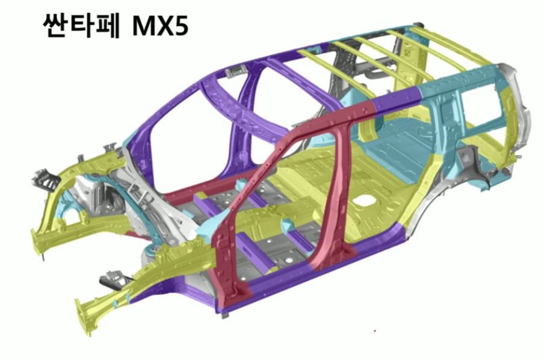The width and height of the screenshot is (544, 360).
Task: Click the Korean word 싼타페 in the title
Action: tap(81, 26)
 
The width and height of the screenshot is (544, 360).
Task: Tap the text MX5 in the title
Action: tap(160, 26)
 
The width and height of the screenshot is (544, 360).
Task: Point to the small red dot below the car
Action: tap(375, 331)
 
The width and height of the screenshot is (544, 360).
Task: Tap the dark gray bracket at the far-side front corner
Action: tap(45, 179)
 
